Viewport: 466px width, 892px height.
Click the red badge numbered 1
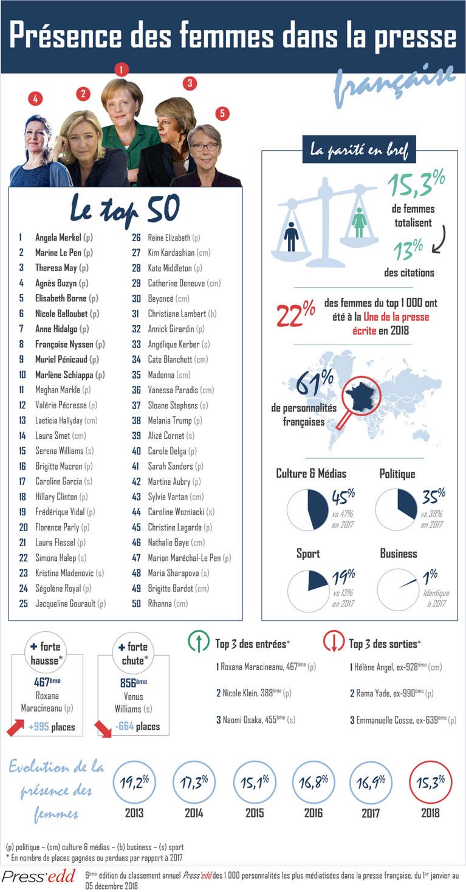click(x=122, y=69)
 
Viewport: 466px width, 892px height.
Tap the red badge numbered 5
click(x=222, y=113)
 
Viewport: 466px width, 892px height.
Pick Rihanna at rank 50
click(x=160, y=603)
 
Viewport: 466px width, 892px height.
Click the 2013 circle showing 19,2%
click(x=134, y=782)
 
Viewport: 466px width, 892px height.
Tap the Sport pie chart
click(x=308, y=589)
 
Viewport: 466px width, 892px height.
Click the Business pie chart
click(x=398, y=589)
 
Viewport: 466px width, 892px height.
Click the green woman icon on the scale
click(x=359, y=223)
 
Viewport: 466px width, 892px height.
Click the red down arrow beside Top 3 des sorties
click(x=334, y=642)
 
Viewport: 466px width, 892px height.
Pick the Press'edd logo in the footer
click(x=38, y=876)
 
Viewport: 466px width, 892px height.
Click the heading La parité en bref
click(x=359, y=148)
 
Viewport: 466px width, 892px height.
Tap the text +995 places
click(x=52, y=727)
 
